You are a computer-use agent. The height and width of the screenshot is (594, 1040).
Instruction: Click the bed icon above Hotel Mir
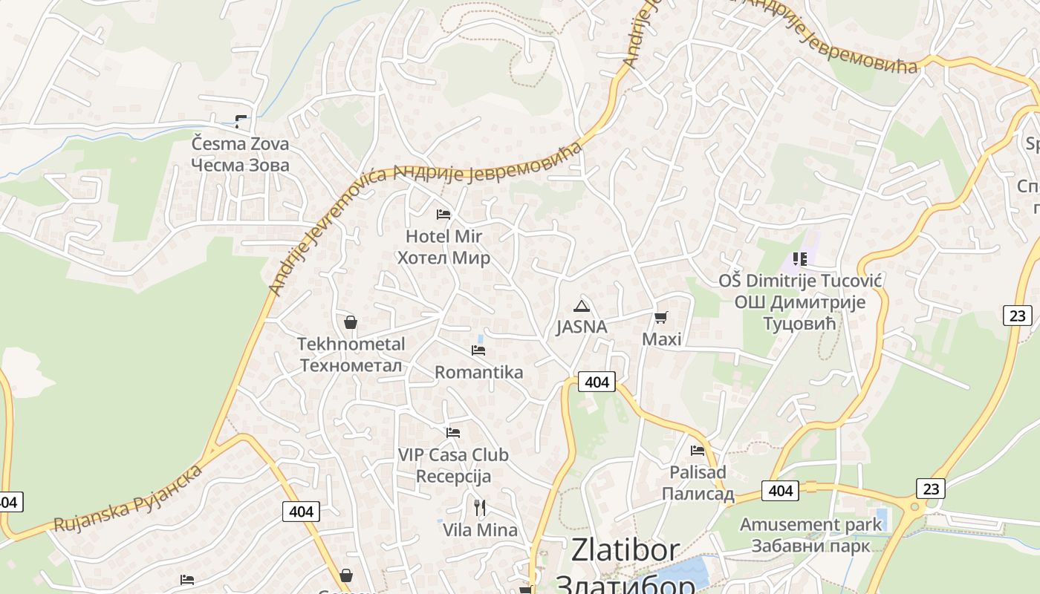(443, 215)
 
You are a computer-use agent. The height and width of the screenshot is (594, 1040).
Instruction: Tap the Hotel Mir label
(443, 247)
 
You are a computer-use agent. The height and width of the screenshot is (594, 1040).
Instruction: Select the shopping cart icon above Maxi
(660, 318)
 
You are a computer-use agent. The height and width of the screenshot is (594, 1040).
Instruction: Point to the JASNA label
(582, 327)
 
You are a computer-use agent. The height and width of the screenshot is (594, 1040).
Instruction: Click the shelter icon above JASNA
(582, 306)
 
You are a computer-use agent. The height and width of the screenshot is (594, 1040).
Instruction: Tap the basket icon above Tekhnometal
(351, 322)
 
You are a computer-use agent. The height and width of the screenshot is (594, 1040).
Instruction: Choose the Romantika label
(478, 372)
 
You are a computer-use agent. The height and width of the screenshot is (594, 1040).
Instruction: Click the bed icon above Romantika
(478, 350)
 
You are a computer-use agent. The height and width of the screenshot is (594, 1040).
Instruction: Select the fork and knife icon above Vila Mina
(480, 508)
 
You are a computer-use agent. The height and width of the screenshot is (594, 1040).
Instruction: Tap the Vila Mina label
(480, 530)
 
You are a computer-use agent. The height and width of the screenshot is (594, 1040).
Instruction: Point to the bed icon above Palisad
(697, 450)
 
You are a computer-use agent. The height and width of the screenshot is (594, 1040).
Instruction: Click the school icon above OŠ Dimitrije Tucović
(799, 259)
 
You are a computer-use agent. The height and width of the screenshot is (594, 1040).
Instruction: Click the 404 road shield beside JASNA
(597, 382)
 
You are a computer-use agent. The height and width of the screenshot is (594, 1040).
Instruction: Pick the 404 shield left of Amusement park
(780, 491)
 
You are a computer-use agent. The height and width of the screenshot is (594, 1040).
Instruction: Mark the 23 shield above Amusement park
(931, 489)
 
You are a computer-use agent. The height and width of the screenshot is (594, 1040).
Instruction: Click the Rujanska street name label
(128, 500)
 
